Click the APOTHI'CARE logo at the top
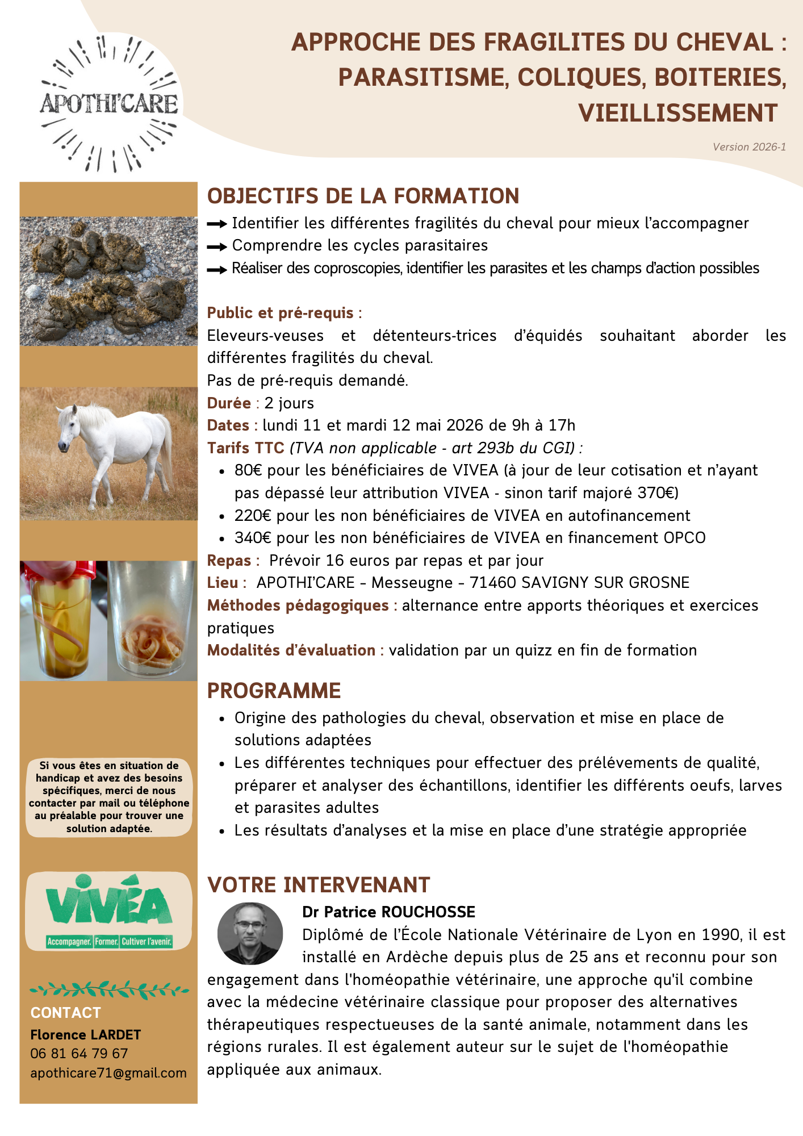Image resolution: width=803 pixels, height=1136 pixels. tap(108, 104)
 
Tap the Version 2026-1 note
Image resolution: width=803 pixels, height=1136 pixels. tap(749, 147)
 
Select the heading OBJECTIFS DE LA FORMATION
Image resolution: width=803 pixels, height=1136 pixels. tap(363, 196)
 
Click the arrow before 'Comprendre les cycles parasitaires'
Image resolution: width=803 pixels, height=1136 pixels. tap(217, 247)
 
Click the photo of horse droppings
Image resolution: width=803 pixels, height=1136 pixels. tap(108, 281)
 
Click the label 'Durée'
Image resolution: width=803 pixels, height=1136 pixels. tap(229, 403)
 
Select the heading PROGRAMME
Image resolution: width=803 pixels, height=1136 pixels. tap(274, 691)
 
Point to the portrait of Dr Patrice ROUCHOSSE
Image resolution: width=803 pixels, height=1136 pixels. tap(250, 933)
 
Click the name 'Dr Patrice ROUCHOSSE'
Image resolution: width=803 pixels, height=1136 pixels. tap(388, 912)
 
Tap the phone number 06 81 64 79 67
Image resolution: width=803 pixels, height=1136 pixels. tap(79, 1054)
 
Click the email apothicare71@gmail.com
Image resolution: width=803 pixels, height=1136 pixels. tap(108, 1073)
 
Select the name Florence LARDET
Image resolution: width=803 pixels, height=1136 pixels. tap(85, 1035)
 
